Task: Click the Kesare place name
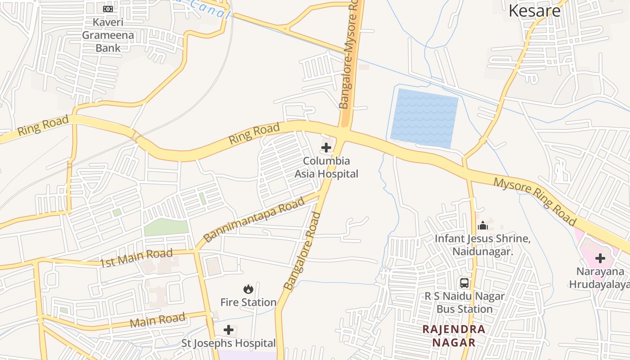click(535, 11)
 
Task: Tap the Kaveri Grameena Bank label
click(108, 35)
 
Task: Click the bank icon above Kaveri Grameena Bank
click(108, 9)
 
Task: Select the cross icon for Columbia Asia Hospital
click(326, 148)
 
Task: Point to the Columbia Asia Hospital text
click(326, 167)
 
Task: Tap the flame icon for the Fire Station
click(248, 289)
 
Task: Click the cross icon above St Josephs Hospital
click(229, 330)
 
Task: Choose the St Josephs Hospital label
click(229, 343)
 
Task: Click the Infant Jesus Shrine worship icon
click(483, 225)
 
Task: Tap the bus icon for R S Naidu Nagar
click(464, 283)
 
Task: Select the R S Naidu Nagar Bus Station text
click(465, 303)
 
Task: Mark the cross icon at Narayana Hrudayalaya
click(600, 258)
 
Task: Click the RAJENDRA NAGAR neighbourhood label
click(454, 336)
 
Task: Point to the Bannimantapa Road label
click(254, 220)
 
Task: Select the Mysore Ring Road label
click(535, 202)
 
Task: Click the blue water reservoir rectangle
click(424, 118)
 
